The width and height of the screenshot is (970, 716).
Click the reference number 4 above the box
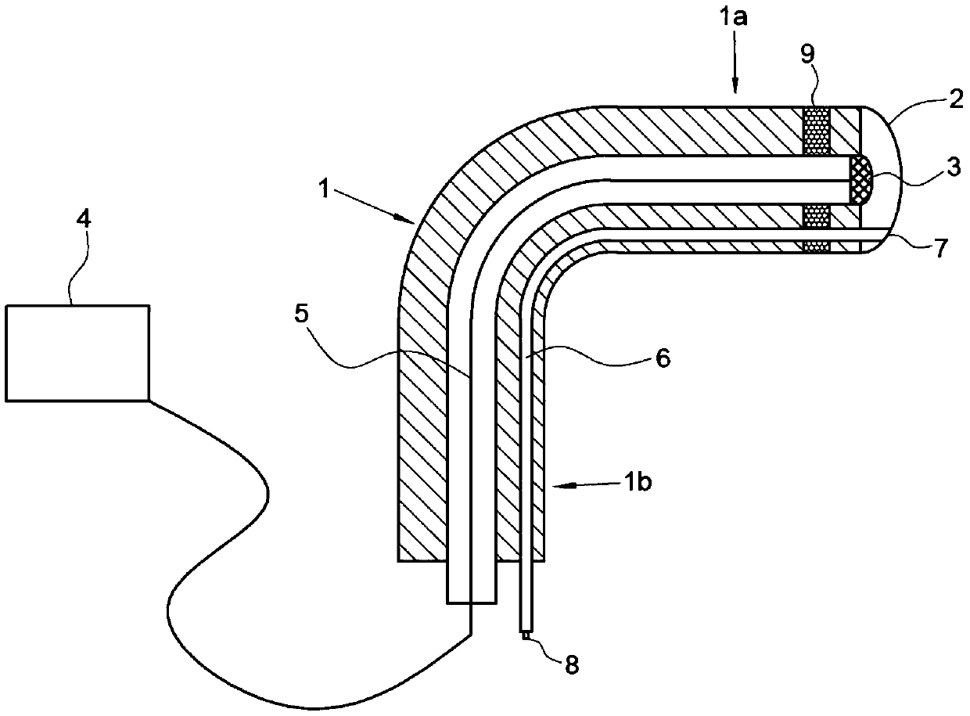(84, 219)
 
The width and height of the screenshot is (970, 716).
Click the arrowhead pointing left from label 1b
(557, 486)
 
